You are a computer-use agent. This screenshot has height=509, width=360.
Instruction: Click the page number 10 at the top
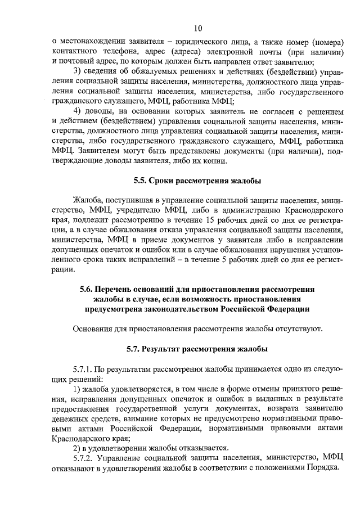coord(197,28)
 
